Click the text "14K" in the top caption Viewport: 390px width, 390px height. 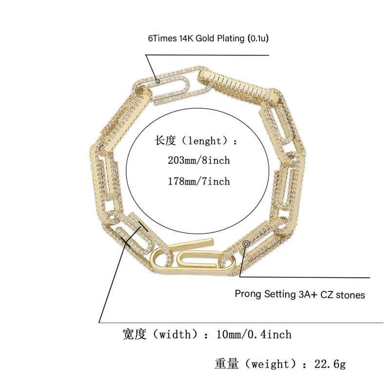186,39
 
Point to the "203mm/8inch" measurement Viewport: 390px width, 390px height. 199,160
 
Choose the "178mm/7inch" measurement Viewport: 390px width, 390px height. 199,181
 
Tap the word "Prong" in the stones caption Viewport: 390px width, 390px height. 248,294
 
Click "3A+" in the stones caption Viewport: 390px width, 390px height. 308,295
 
